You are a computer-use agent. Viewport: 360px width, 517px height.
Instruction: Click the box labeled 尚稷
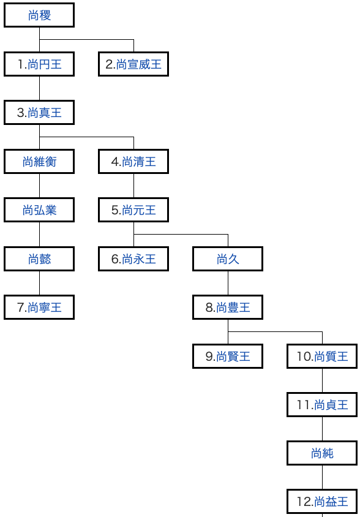tap(39, 15)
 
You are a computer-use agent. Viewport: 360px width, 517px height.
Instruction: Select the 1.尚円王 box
tap(39, 64)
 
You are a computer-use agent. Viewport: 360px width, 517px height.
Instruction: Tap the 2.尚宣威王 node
tap(133, 64)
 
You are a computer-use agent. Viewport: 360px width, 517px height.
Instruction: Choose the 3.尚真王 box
tap(39, 113)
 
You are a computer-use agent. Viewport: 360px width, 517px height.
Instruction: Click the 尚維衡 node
tap(39, 161)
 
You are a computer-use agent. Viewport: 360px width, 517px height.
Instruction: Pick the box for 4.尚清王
tap(133, 161)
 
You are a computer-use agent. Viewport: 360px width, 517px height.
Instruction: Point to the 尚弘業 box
tap(39, 210)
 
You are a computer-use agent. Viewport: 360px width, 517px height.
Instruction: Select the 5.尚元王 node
tap(133, 210)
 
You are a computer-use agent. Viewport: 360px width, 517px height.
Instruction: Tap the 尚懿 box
tap(39, 259)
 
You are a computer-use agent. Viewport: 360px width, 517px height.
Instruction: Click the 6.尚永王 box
tap(133, 259)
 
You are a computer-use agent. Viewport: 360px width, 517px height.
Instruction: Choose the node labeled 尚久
tap(228, 259)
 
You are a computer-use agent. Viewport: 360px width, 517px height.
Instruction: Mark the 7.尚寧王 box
tap(39, 308)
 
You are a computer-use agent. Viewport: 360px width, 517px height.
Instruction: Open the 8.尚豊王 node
tap(228, 308)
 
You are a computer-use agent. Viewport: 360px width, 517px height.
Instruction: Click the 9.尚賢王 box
tap(228, 356)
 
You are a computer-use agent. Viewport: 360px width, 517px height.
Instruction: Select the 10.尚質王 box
tap(322, 356)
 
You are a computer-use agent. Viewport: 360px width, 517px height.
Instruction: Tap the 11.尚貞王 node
tap(322, 404)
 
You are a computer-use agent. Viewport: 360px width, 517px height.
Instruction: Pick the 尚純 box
tap(322, 453)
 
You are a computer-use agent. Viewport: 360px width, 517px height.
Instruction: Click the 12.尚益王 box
tap(322, 502)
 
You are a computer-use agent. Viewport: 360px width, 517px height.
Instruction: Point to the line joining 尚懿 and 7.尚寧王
tap(40, 283)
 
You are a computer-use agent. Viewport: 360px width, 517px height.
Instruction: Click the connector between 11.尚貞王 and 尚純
tap(323, 429)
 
